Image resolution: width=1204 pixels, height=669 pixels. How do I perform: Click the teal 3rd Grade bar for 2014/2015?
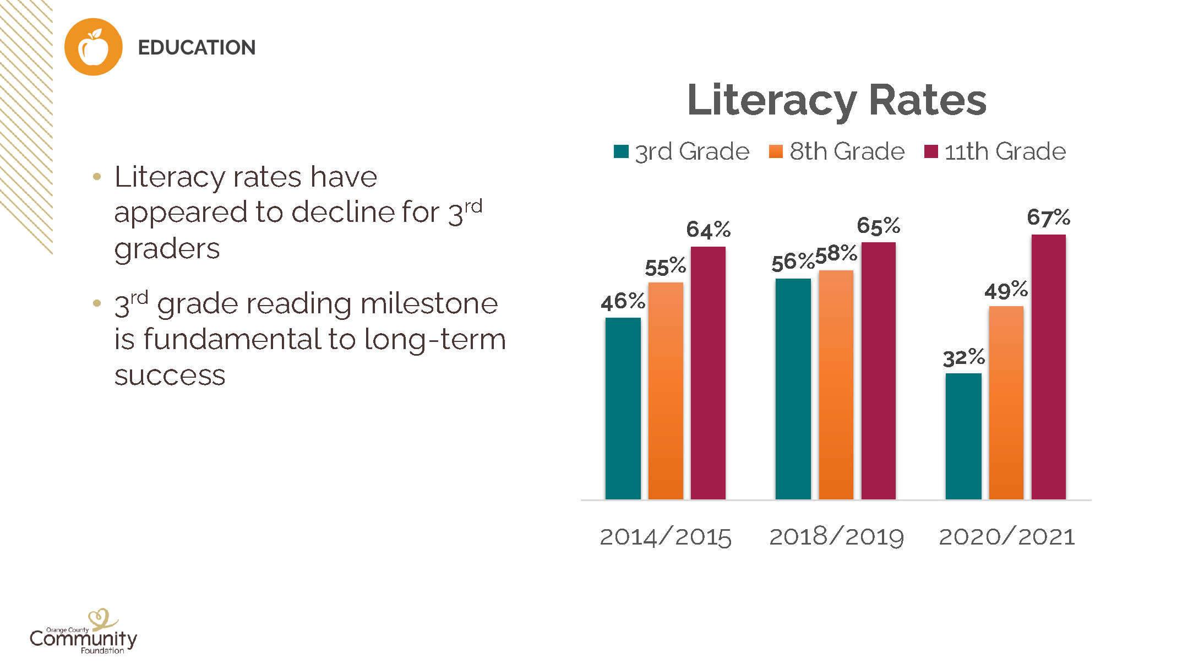point(623,408)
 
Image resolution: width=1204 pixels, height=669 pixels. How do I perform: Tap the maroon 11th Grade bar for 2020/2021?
point(1048,367)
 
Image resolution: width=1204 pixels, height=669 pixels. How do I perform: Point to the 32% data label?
point(963,358)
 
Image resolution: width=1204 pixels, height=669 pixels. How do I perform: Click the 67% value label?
point(1048,217)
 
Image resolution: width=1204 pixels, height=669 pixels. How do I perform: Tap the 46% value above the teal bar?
point(623,302)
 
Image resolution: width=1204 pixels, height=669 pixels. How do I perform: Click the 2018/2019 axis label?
point(836,537)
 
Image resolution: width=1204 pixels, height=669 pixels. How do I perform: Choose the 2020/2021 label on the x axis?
point(1007,537)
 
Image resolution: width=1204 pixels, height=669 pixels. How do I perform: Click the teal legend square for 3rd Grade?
point(621,151)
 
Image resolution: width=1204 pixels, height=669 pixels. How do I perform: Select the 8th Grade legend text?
point(847,151)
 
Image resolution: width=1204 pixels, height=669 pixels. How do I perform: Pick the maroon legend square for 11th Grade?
point(931,151)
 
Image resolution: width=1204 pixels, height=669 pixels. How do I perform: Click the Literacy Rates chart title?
point(836,100)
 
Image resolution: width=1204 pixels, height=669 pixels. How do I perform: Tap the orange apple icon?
point(94,47)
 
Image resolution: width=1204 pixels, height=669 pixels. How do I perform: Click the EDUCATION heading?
point(197,48)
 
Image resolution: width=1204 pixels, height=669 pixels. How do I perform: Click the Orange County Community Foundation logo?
point(84,633)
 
